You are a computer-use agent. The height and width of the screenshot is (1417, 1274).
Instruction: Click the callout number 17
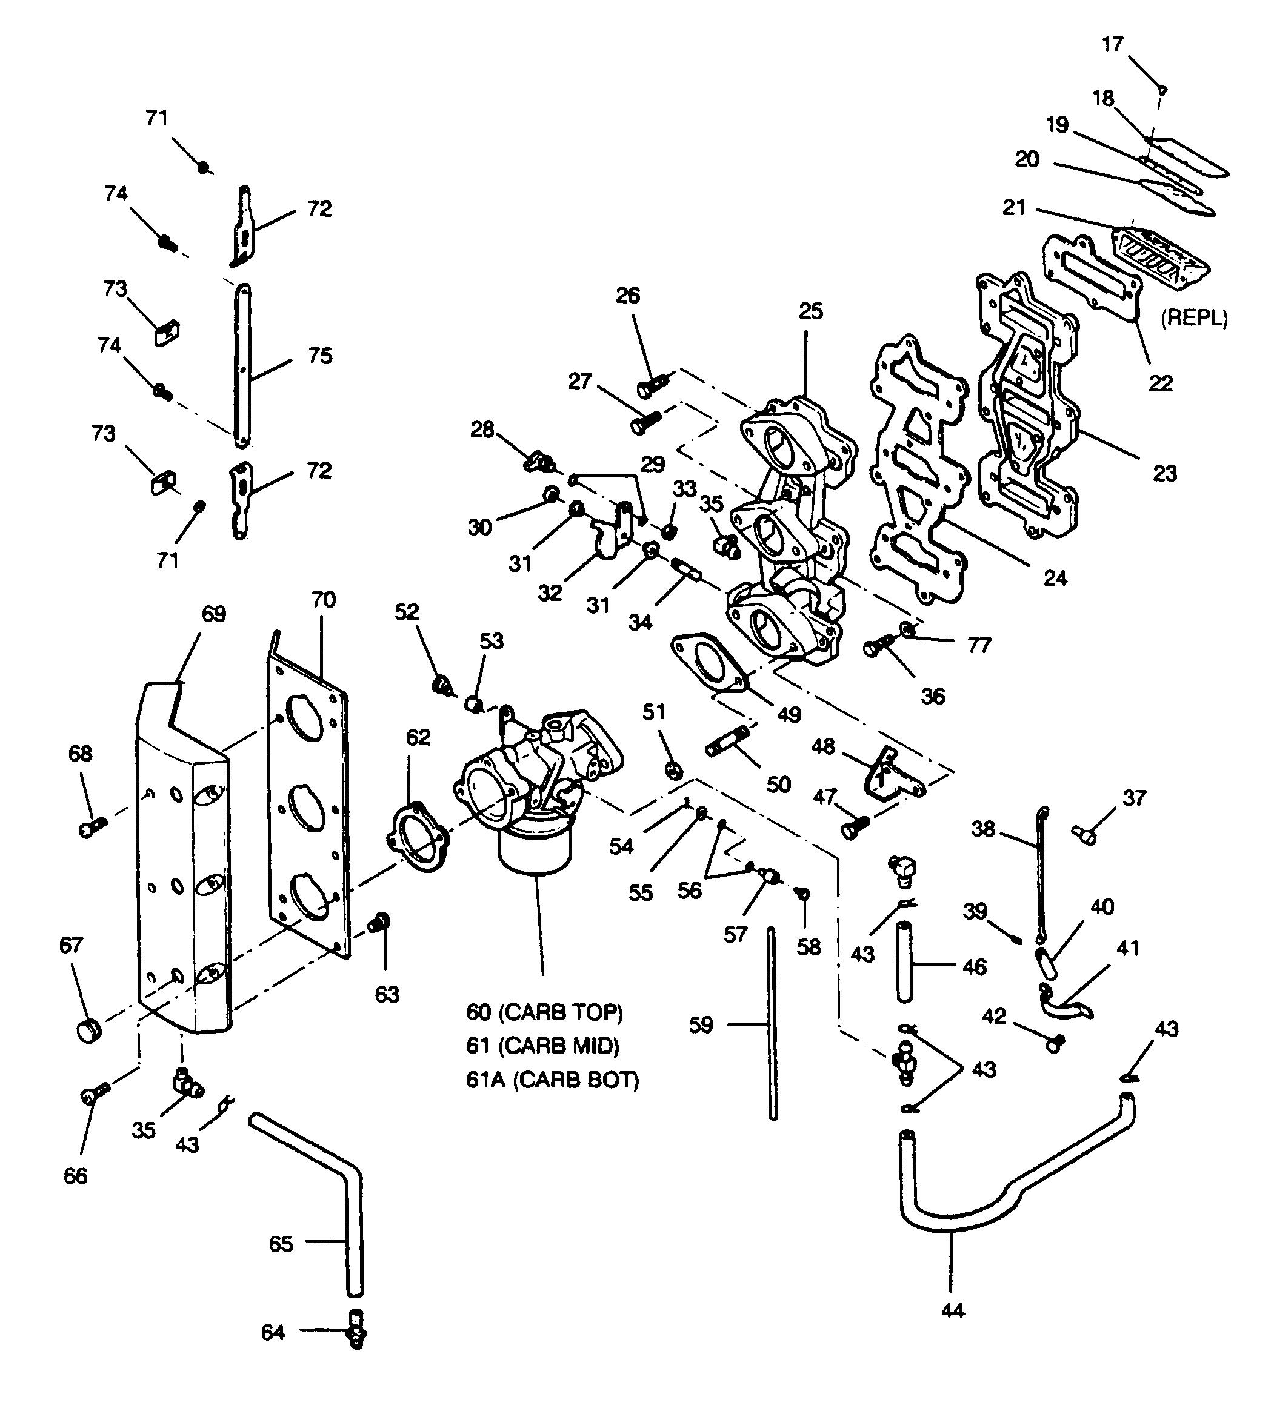(x=1112, y=45)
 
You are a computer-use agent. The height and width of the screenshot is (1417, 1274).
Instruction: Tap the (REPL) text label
(x=1194, y=319)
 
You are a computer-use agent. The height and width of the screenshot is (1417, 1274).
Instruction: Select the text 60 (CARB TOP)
(x=545, y=1012)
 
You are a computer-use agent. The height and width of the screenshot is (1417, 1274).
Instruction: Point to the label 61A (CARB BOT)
(x=552, y=1080)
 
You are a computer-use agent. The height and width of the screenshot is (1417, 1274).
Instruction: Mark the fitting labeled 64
(x=357, y=1330)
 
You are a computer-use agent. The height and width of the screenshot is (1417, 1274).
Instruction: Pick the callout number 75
(x=320, y=356)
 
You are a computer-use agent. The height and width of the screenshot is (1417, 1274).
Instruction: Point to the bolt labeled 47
(x=854, y=826)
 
